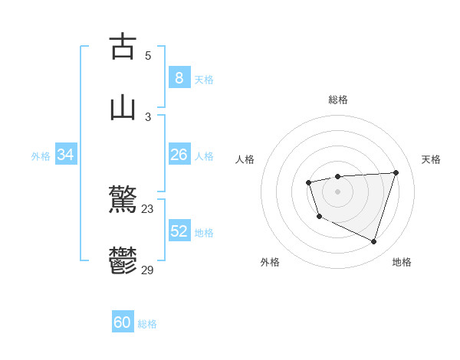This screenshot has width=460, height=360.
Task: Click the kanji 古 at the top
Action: [x=123, y=46]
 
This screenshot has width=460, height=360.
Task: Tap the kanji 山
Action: [x=123, y=108]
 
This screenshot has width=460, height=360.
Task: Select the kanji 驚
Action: [x=123, y=201]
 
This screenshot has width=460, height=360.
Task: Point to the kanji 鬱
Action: [x=123, y=261]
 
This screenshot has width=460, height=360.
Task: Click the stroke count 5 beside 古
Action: [x=148, y=55]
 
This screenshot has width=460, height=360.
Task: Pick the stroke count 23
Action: [x=148, y=208]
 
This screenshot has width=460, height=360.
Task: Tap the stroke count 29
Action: [x=148, y=270]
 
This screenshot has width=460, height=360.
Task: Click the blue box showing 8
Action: [x=179, y=77]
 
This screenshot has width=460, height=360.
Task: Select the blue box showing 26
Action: [x=179, y=154]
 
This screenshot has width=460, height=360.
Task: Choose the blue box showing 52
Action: [x=179, y=231]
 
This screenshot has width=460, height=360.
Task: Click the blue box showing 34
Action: [x=65, y=155]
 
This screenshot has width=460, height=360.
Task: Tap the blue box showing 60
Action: [x=123, y=322]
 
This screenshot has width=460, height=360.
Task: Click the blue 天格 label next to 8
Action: [x=203, y=80]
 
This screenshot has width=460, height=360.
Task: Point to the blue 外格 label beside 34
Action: [x=41, y=156]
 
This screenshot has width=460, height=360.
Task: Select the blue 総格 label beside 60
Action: [x=147, y=324]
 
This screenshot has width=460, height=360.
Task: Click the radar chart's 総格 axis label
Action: [x=338, y=100]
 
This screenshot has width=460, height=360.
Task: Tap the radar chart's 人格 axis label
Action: [x=245, y=159]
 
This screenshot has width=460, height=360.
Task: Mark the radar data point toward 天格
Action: [x=396, y=172]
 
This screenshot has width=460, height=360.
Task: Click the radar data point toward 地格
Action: [x=374, y=242]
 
